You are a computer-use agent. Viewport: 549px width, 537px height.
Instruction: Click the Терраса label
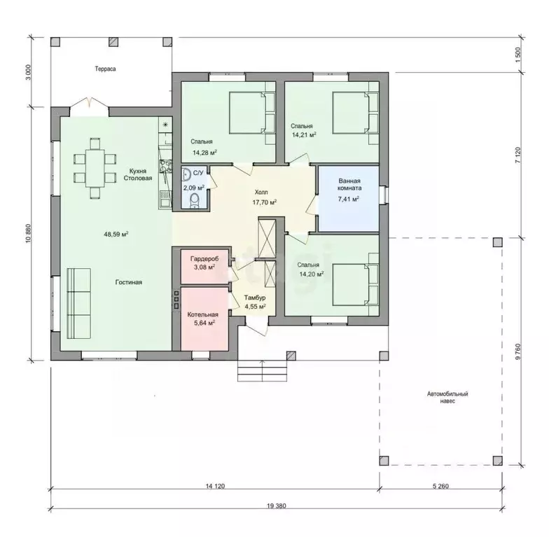click(x=105, y=69)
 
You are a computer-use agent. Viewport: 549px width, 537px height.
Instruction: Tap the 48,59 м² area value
click(x=116, y=234)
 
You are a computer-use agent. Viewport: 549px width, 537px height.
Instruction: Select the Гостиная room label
click(x=129, y=282)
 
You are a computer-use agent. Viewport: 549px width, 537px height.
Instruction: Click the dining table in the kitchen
click(x=95, y=169)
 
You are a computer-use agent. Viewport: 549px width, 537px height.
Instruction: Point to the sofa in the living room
click(x=78, y=304)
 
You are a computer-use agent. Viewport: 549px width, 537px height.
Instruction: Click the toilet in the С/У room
click(x=195, y=201)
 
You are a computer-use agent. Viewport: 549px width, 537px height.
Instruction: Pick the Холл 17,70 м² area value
click(x=265, y=202)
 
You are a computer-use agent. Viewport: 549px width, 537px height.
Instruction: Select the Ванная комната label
click(x=349, y=185)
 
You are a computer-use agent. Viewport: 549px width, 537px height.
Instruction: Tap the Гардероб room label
click(x=204, y=259)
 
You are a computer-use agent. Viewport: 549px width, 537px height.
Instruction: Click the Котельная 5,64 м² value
click(x=204, y=323)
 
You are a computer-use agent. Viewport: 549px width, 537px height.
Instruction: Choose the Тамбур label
click(x=255, y=298)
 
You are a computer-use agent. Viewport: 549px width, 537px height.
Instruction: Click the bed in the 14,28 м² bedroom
click(x=251, y=112)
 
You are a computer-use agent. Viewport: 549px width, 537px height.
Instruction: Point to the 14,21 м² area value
click(x=304, y=134)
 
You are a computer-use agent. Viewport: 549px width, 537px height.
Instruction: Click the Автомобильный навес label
click(x=447, y=398)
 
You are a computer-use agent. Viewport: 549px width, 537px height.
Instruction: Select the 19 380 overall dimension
click(x=276, y=505)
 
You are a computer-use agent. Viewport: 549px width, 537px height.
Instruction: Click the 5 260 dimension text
click(x=440, y=486)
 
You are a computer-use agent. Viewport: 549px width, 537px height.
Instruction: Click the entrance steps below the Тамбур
click(x=262, y=370)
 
